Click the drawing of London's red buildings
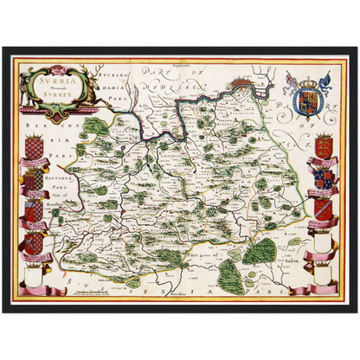click(x=242, y=84)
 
